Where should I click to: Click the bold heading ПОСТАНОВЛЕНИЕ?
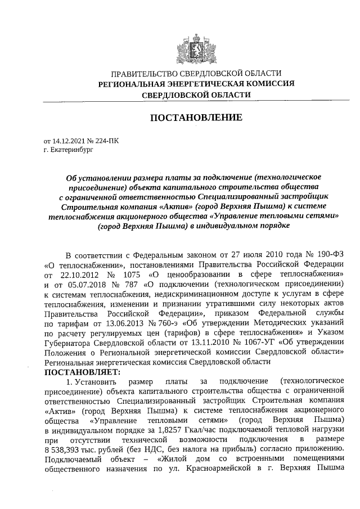(x=195, y=118)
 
